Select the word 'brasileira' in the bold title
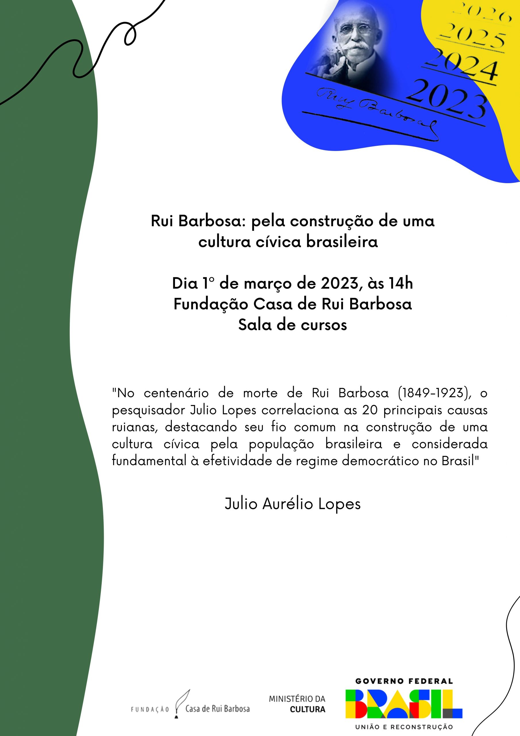click(x=342, y=242)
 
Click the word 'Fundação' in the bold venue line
click(x=211, y=304)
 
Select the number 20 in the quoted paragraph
click(x=370, y=410)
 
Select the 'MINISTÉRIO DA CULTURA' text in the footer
click(x=297, y=704)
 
